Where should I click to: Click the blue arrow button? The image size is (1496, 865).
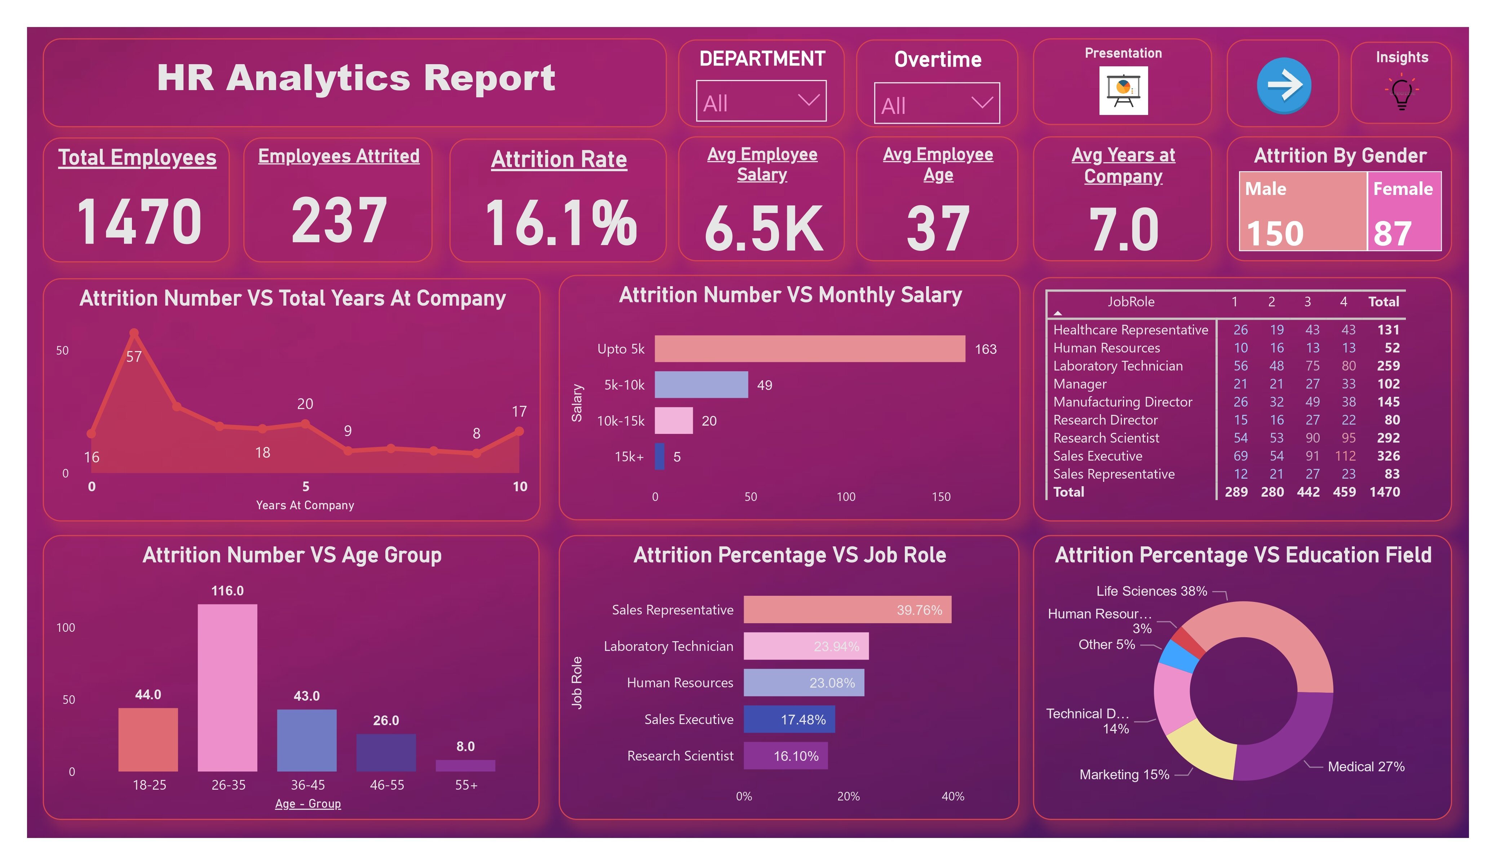coord(1283,85)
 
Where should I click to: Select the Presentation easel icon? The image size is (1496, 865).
coord(1123,90)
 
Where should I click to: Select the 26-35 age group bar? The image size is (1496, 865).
coord(227,687)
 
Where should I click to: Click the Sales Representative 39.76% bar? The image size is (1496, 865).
coord(847,610)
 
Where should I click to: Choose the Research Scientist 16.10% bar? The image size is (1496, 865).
coord(785,756)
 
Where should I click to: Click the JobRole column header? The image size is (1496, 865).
coord(1130,302)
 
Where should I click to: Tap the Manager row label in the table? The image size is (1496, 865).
coord(1080,384)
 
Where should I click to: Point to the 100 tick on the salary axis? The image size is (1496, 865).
coord(846,497)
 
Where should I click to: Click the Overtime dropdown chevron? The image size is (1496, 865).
coord(982,103)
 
